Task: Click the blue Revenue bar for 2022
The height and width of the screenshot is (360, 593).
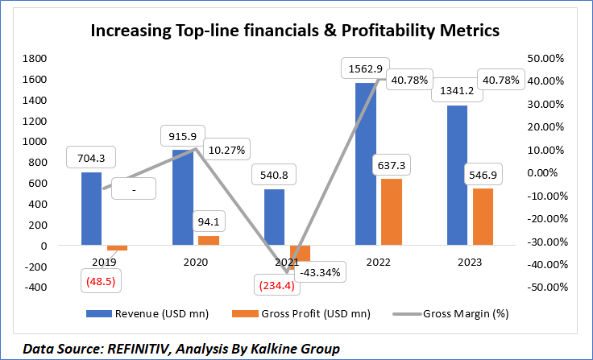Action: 365,164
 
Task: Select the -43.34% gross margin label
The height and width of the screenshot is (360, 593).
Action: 321,271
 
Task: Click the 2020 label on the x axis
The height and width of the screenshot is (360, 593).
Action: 195,262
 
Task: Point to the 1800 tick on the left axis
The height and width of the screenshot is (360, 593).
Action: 35,58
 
